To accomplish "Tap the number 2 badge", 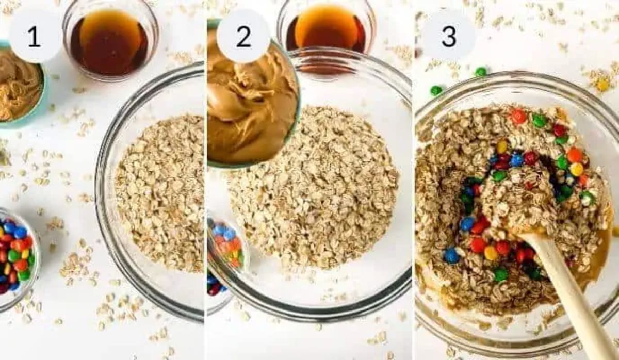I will pos(243,37).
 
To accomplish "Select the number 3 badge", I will pos(448,37).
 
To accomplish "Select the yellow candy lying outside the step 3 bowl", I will pos(602,85).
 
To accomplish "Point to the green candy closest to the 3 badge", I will pos(481,72).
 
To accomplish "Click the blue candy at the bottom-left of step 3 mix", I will pos(451,255).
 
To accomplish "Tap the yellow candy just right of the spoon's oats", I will pos(576,169).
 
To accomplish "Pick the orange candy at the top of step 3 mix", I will pos(518,116).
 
